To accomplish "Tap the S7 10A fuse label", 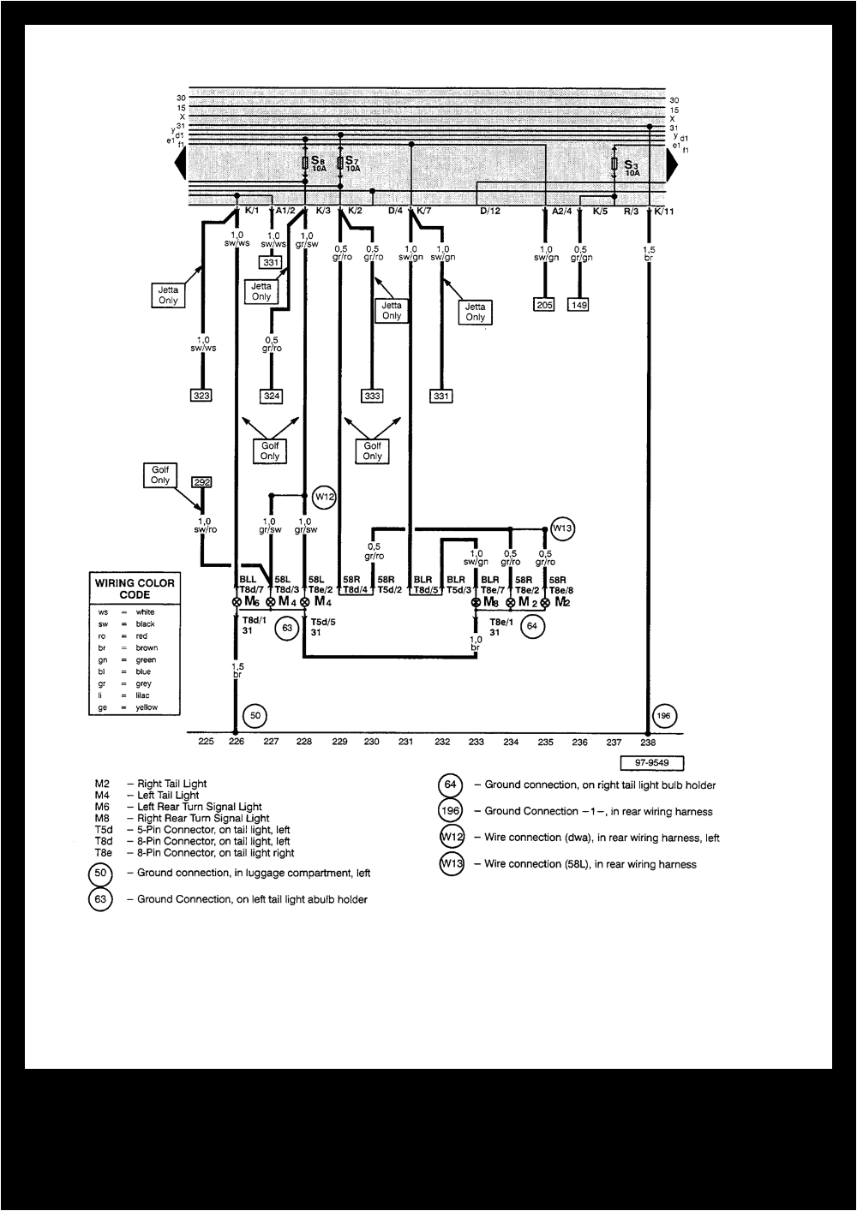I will coord(352,164).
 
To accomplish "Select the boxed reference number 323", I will coord(201,396).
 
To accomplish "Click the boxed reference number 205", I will coord(544,304).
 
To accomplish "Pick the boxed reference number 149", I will coord(579,304).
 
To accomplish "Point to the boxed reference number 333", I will coord(372,396).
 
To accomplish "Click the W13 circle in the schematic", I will coord(561,528).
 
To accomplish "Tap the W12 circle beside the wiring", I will coord(324,497).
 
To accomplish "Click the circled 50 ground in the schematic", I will coord(255,715).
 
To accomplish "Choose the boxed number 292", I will coord(201,482).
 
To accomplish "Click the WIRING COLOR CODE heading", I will coord(135,588).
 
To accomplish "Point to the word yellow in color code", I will coord(147,707).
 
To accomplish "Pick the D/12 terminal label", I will coord(489,211).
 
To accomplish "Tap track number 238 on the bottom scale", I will coord(648,743).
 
